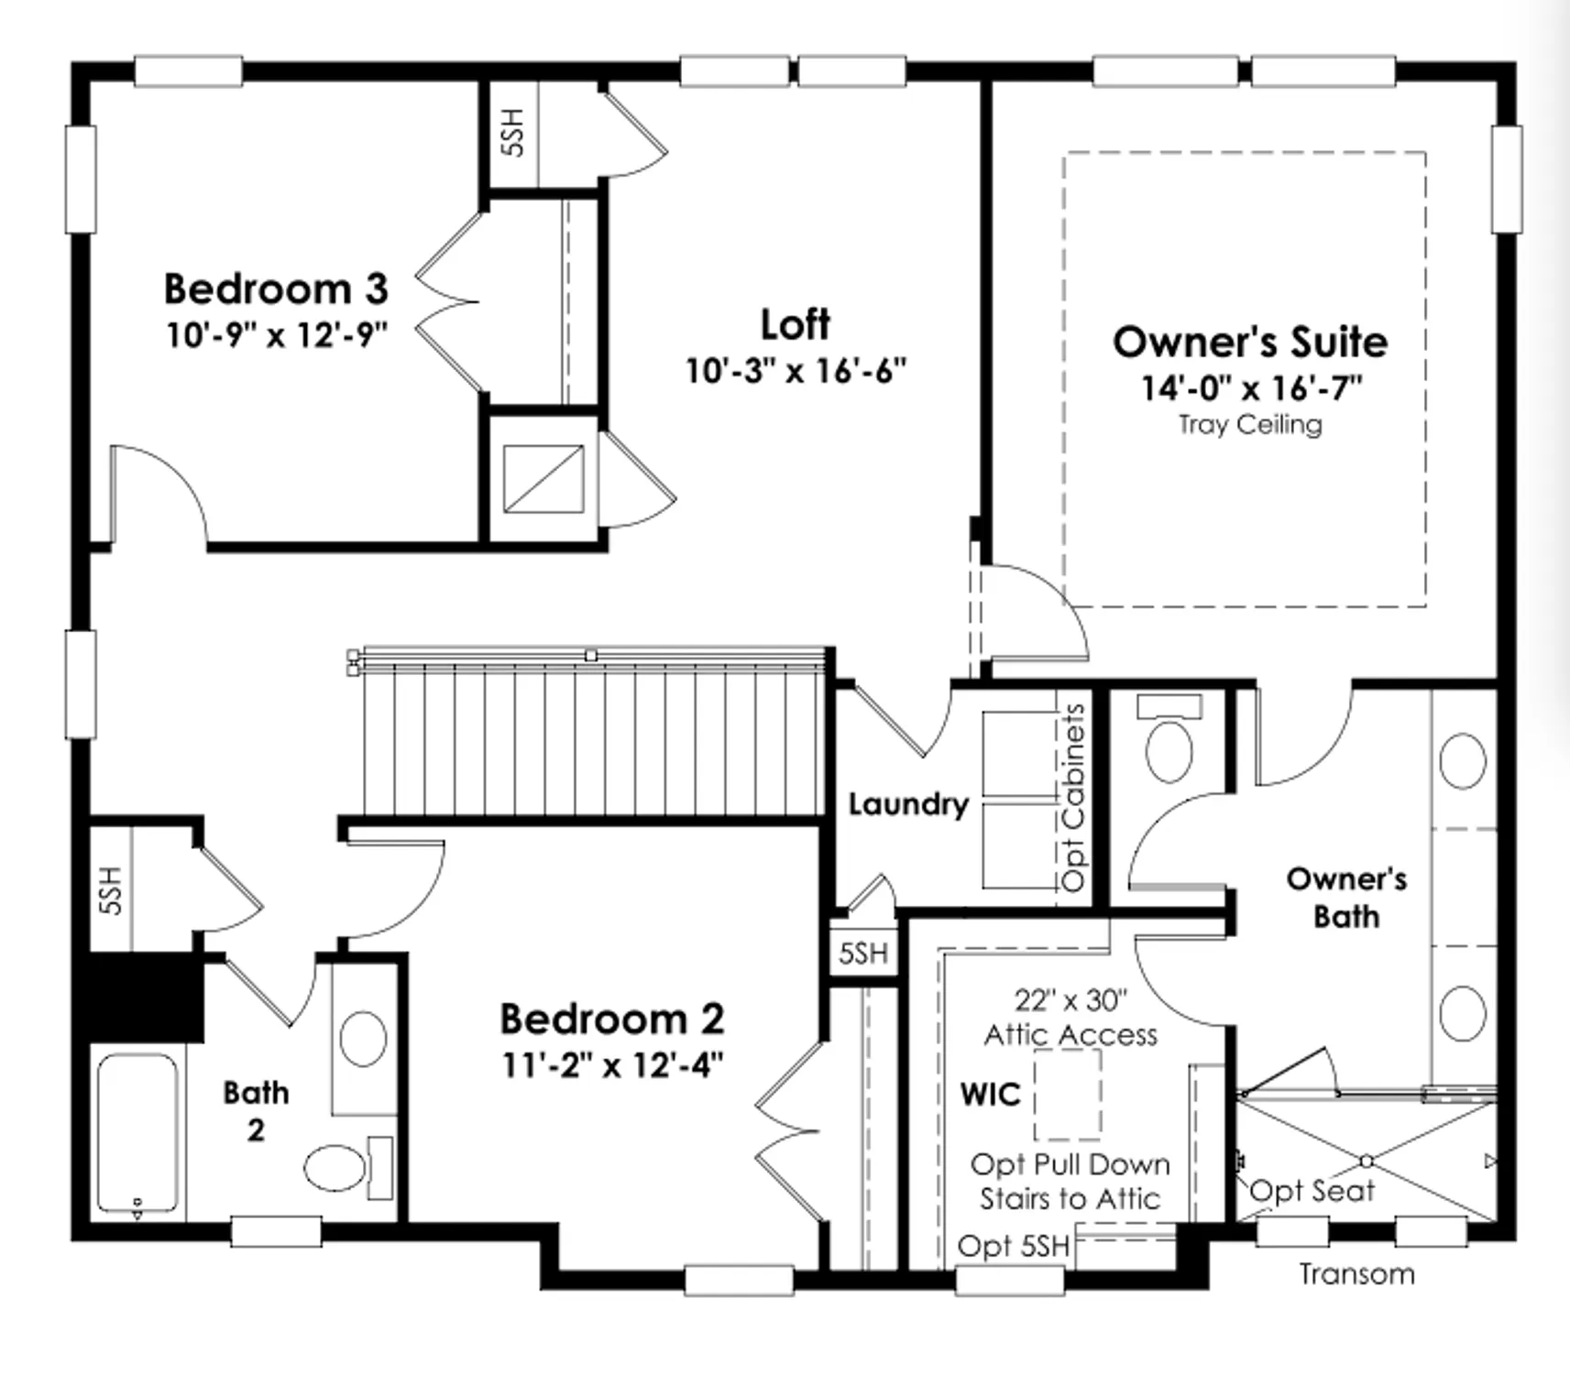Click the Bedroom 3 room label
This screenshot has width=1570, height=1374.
276,289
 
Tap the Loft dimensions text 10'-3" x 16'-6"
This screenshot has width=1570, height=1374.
796,371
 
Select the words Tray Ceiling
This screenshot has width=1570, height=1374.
1250,425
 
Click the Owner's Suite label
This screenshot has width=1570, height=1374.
1250,342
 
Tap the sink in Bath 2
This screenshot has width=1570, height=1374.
363,1038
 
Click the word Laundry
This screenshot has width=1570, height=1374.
907,804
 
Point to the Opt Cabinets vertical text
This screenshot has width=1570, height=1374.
1073,797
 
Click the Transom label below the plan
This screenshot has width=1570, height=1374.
1356,1274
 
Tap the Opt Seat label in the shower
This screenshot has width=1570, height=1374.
1312,1191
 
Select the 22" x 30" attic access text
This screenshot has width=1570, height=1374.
1070,1000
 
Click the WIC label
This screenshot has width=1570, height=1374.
990,1094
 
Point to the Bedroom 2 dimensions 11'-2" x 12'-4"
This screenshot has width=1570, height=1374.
612,1065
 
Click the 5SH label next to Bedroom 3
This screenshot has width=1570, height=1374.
513,133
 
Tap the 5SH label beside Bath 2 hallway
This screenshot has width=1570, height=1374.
110,889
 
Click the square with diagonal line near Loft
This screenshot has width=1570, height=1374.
543,479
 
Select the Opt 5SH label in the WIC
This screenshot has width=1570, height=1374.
1013,1246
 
